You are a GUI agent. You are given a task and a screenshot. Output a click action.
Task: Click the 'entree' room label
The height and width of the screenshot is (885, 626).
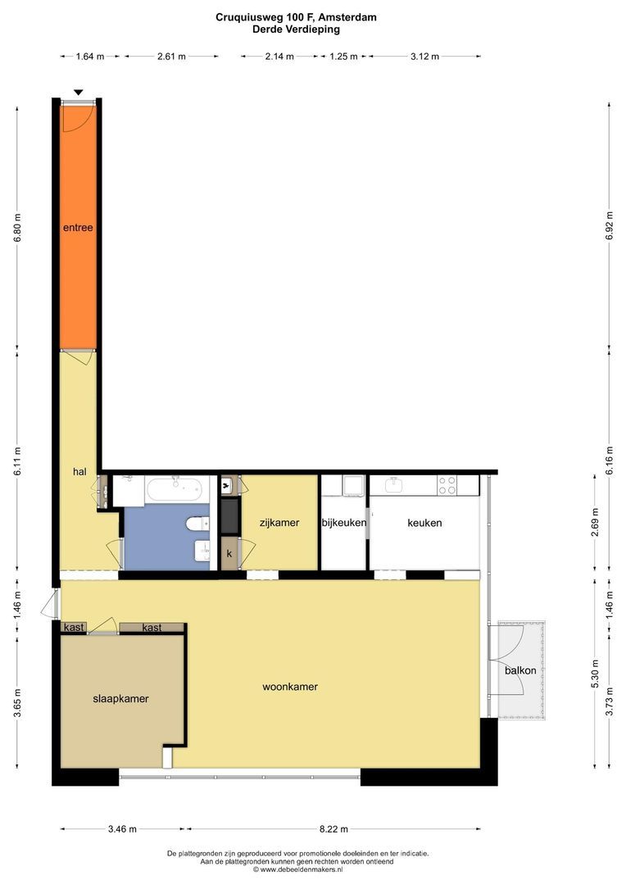point(78,228)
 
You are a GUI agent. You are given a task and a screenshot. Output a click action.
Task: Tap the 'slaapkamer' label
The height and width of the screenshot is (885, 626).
point(120,699)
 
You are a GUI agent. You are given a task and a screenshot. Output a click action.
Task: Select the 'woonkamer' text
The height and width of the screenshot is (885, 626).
point(290,687)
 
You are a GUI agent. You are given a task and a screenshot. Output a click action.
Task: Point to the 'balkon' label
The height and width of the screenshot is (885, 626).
point(520,670)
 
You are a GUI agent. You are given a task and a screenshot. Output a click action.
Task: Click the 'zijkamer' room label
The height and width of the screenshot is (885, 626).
point(279,523)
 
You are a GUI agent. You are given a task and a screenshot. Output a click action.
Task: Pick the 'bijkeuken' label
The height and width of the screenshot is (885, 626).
point(344,523)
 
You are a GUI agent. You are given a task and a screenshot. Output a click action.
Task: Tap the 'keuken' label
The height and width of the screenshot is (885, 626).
point(424,523)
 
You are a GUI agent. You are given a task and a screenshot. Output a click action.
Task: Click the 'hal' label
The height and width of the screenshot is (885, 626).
point(79,471)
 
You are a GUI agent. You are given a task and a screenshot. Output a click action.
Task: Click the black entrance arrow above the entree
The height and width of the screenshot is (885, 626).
point(79,93)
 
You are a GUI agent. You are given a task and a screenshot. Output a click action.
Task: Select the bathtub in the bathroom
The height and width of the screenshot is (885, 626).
point(174,489)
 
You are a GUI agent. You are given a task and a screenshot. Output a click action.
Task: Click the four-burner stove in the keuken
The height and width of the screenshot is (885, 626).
point(447,485)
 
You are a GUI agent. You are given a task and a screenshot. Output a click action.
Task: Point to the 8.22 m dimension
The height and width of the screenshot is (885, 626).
point(333,829)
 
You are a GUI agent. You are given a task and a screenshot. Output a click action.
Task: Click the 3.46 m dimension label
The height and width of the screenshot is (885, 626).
point(122,829)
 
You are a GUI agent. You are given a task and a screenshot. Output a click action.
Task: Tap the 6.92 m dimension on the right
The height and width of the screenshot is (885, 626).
point(609,226)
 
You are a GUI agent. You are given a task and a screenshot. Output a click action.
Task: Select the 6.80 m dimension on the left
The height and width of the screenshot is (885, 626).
point(17,228)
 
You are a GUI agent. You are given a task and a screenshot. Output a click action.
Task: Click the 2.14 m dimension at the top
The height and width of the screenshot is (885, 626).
point(279,57)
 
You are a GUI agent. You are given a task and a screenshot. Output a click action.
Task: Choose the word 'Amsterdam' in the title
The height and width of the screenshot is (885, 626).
point(347,17)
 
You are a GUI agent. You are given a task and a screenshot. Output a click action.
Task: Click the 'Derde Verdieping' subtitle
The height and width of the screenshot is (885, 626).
point(297,29)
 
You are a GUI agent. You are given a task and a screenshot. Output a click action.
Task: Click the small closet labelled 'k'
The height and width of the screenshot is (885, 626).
point(229,554)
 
